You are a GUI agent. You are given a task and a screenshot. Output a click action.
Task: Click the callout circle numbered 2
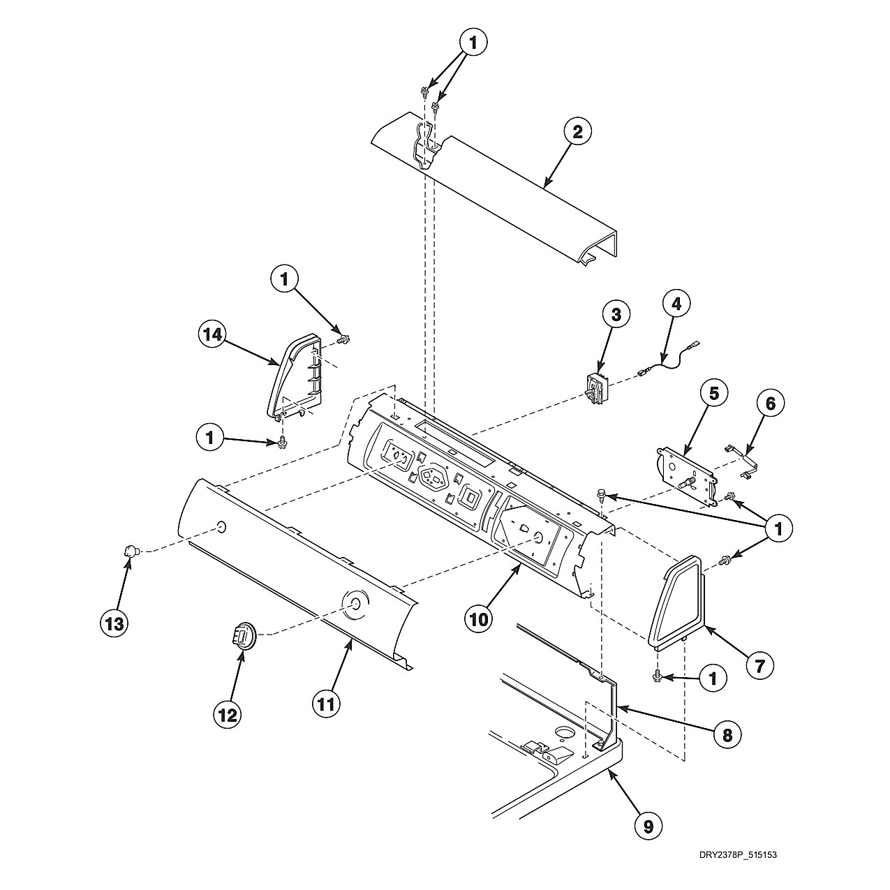pos(577,133)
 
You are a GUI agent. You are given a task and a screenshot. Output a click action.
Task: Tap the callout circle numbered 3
pos(616,315)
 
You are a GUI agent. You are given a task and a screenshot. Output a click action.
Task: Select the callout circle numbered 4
pos(676,304)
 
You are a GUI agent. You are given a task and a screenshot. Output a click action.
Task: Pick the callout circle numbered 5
pos(713,393)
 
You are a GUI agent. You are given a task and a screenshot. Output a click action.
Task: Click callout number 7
pos(759,665)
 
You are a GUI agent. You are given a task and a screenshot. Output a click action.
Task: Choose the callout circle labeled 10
pos(479,620)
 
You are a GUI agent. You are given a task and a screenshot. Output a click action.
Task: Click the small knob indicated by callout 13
pos(131,551)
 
